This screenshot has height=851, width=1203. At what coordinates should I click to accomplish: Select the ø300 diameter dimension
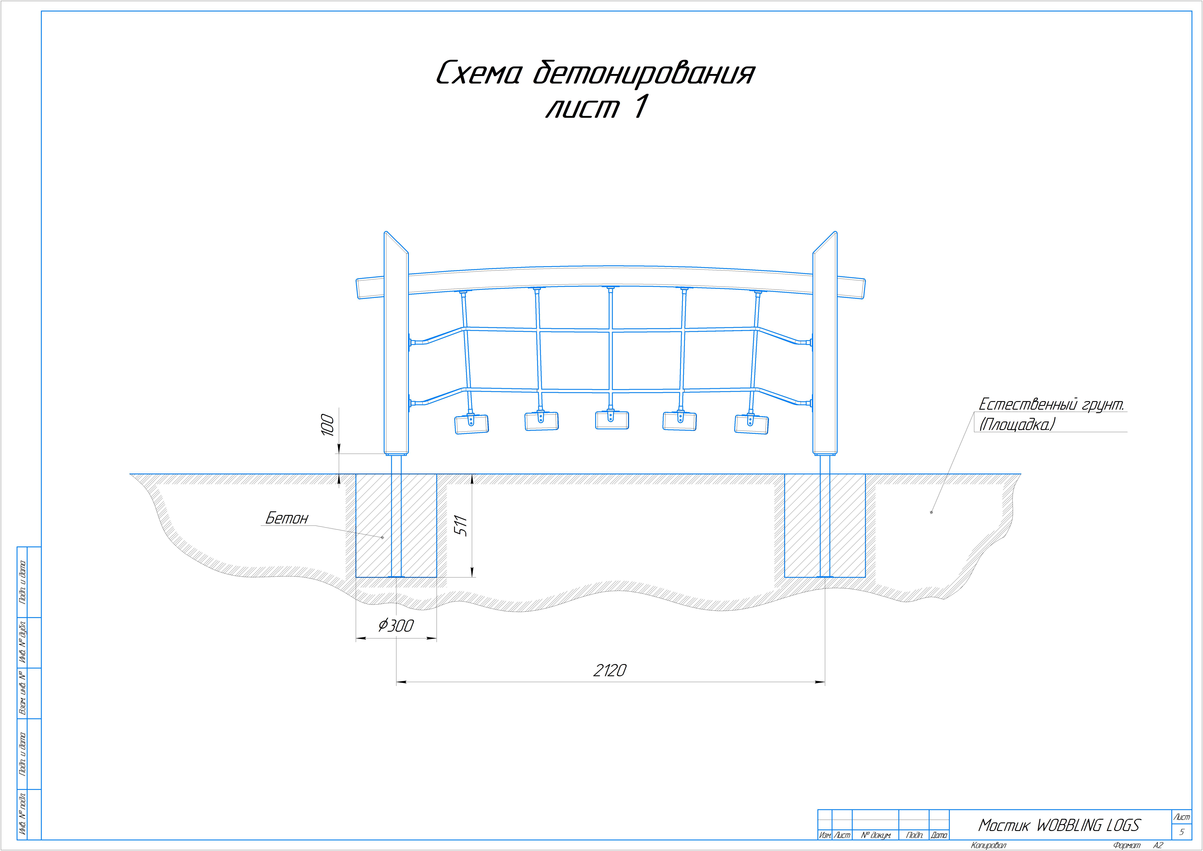tap(396, 625)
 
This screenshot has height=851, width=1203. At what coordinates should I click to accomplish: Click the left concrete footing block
tap(396, 526)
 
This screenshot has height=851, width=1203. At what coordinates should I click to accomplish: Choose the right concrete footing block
tap(825, 526)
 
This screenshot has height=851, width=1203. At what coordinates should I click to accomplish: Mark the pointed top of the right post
tap(835, 232)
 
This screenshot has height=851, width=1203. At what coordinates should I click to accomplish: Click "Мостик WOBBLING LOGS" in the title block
tap(1059, 825)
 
